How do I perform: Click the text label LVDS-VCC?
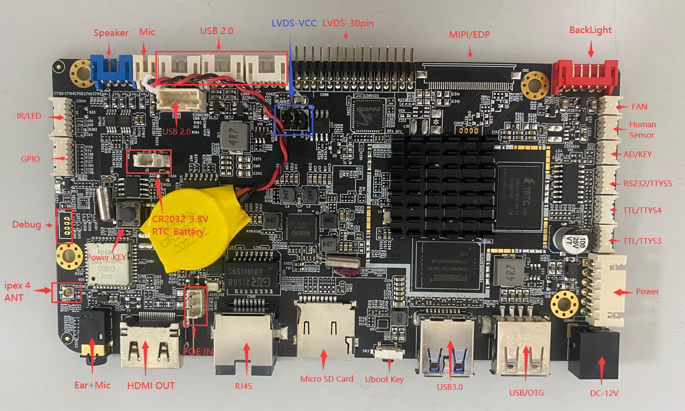(x=294, y=23)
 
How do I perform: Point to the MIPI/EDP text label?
(x=469, y=35)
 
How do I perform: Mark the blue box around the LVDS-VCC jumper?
(x=294, y=120)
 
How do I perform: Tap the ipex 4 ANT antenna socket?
(x=66, y=292)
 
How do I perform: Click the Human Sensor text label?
(x=642, y=130)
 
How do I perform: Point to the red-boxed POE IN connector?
(x=196, y=306)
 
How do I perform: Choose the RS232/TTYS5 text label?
(x=647, y=183)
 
